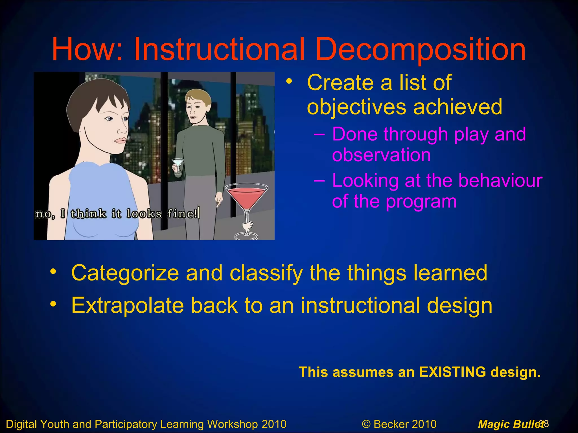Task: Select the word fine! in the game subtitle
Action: point(182,213)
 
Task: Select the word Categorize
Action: point(125,273)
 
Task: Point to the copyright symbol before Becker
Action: point(366,424)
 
